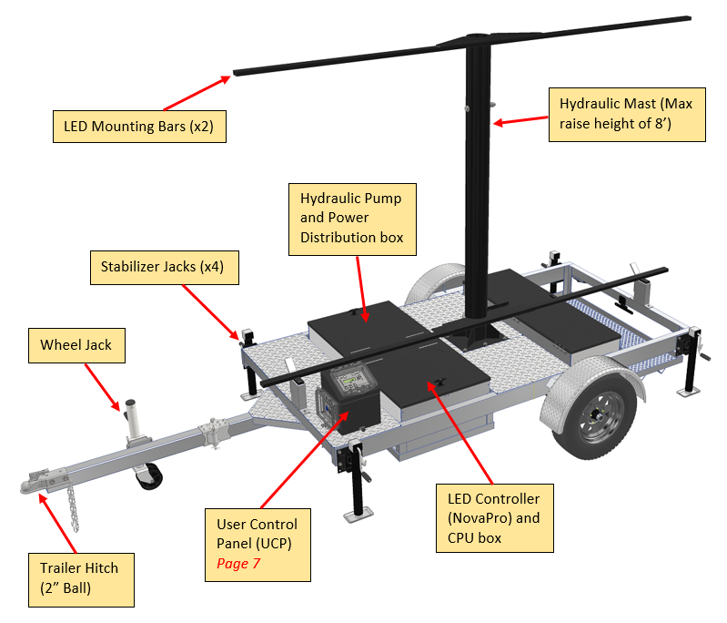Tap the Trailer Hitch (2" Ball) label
point(79,577)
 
